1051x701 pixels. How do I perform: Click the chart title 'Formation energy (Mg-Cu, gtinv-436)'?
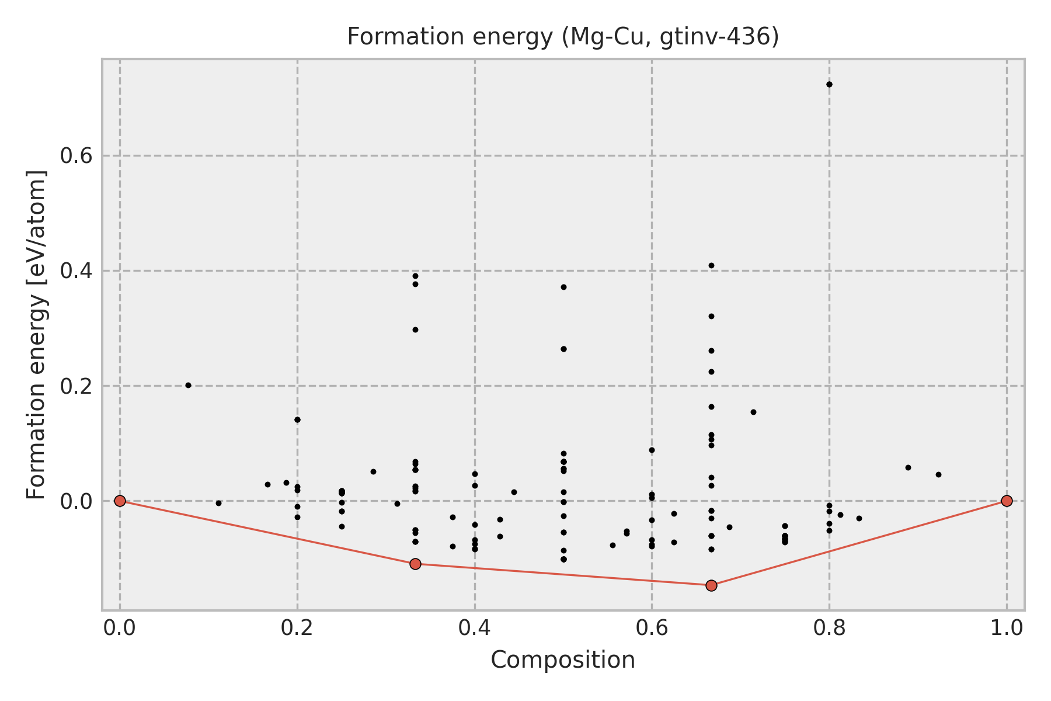[x=563, y=37]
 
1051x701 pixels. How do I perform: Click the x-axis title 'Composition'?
[x=563, y=660]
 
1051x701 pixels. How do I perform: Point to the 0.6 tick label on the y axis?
[x=76, y=156]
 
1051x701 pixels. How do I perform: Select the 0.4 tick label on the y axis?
[x=76, y=271]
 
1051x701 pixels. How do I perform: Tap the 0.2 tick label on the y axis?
[x=76, y=386]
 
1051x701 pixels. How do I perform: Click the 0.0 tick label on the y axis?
[x=76, y=501]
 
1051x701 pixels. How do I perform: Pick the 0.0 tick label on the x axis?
[x=120, y=628]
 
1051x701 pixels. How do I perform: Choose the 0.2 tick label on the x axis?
[x=297, y=628]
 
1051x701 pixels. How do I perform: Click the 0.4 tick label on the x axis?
[x=475, y=628]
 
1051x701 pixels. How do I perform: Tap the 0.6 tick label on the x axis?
[x=652, y=628]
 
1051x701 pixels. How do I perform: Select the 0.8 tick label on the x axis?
[x=829, y=628]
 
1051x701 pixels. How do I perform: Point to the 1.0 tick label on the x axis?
[x=1007, y=628]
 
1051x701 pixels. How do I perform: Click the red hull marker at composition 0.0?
[x=120, y=501]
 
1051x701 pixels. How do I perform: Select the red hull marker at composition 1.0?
[x=1007, y=501]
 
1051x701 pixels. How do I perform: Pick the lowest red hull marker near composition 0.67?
[x=711, y=585]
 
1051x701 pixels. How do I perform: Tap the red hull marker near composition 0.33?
[x=415, y=564]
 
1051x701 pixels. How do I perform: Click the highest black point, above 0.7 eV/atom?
[x=829, y=84]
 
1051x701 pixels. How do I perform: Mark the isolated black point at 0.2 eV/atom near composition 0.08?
[x=188, y=385]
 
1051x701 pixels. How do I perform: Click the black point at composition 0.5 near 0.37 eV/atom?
[x=563, y=287]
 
